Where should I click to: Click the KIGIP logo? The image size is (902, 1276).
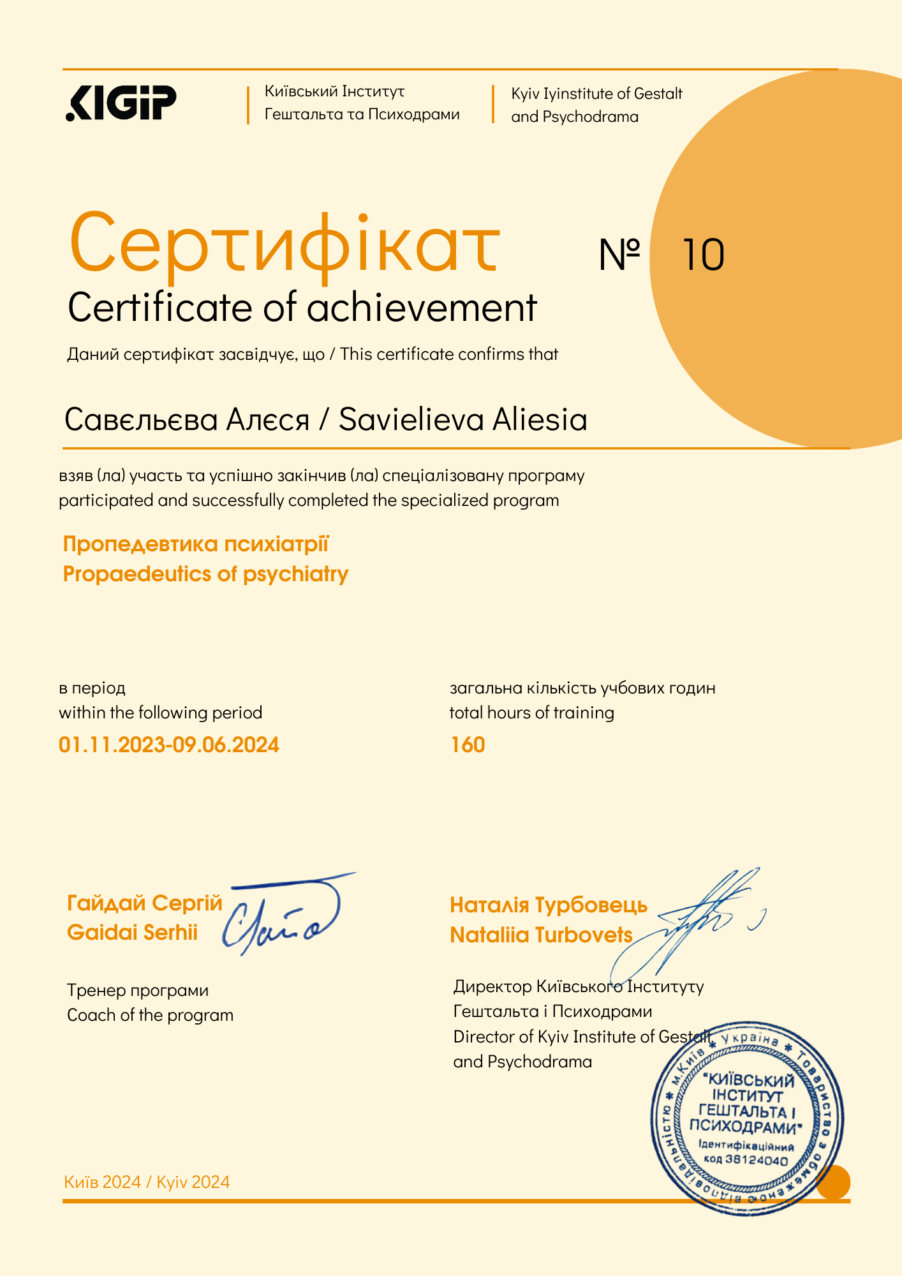[121, 102]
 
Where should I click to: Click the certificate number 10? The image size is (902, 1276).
[703, 255]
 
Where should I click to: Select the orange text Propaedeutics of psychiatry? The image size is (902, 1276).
[205, 574]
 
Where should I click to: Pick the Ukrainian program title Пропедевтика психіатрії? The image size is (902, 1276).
[195, 544]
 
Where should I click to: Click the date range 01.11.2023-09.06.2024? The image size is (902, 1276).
[169, 745]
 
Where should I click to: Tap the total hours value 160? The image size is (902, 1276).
[468, 745]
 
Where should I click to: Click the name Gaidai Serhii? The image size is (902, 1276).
[132, 932]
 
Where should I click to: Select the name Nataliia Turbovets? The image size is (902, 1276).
[541, 935]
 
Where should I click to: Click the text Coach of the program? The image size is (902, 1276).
[150, 1014]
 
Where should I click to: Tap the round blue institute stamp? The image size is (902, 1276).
[746, 1120]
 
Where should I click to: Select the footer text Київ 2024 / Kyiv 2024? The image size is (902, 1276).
[147, 1182]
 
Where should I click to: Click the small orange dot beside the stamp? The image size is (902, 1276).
[833, 1182]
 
